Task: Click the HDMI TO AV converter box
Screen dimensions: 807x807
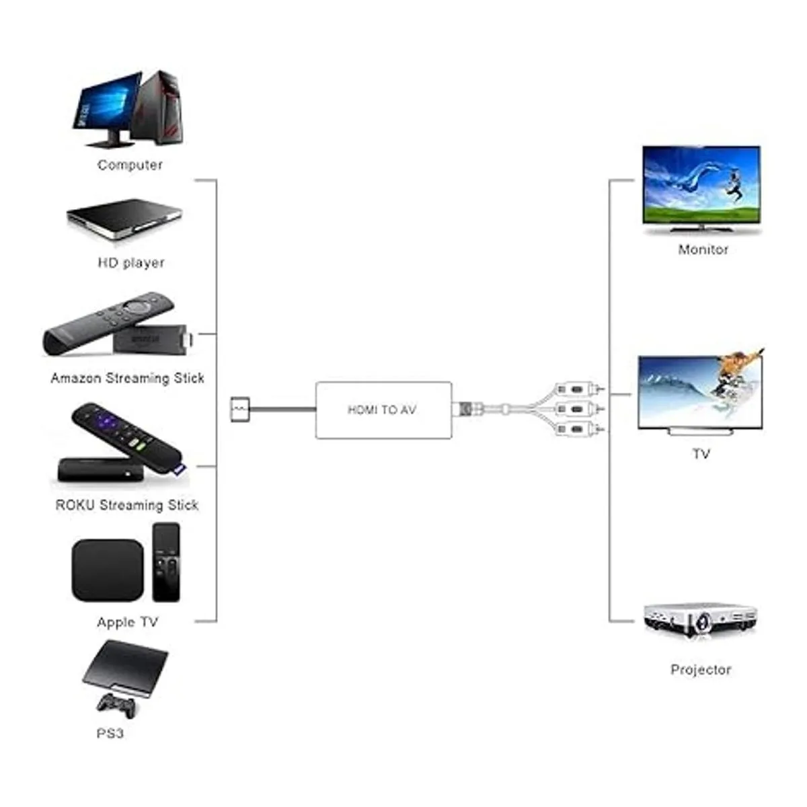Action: pos(383,410)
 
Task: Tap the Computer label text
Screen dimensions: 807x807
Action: pos(130,165)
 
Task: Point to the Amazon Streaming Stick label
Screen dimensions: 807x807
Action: pos(127,379)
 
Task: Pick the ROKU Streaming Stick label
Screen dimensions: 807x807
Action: pos(126,505)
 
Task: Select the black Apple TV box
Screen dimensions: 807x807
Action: pos(108,570)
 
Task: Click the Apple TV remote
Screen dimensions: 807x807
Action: pos(166,562)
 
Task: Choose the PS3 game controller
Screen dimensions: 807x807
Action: pos(116,705)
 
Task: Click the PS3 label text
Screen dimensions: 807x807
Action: pos(110,734)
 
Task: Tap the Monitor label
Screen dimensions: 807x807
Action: pos(703,249)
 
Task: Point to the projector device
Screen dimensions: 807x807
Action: pos(700,619)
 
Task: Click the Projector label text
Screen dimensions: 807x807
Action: pos(700,670)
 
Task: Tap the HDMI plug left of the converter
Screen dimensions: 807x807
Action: pos(239,409)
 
